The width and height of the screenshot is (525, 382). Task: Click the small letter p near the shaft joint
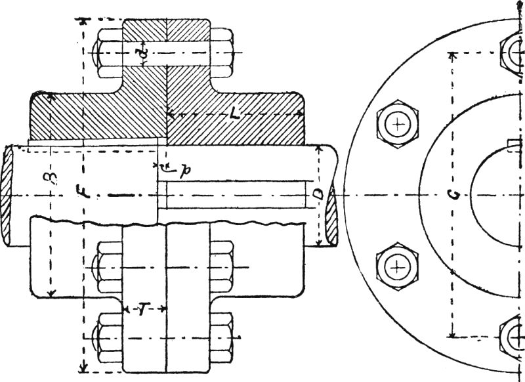click(186, 169)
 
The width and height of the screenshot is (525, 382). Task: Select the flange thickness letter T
click(142, 309)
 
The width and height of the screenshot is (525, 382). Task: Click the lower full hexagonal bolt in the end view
click(397, 266)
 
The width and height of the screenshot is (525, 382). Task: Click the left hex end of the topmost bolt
click(108, 52)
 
